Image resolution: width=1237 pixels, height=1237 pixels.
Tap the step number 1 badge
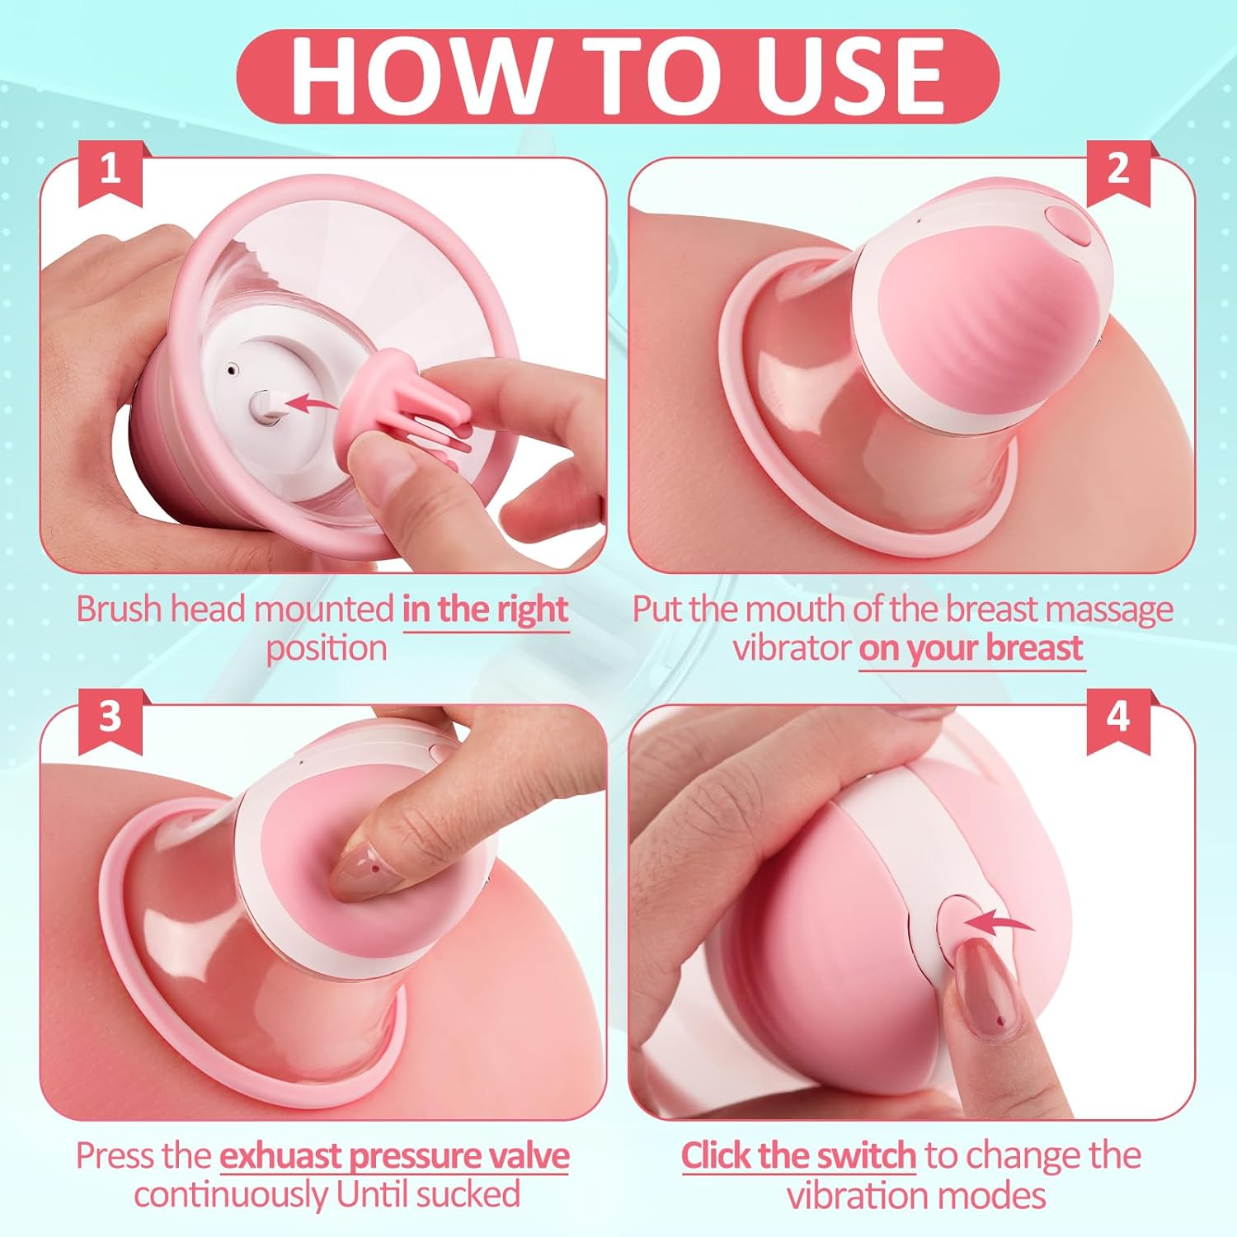pos(111,171)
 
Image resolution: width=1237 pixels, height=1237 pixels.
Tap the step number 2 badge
pos(1118,171)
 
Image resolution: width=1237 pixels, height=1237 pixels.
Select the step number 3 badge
pos(111,718)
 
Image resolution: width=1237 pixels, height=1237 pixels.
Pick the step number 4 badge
pos(1118,718)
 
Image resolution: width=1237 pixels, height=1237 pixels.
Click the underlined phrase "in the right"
pos(485,609)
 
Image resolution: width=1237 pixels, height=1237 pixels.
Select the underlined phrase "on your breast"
pos(971,648)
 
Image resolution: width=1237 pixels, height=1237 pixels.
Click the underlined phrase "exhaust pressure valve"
pos(394,1156)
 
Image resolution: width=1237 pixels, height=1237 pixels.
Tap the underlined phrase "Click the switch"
pos(798,1156)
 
